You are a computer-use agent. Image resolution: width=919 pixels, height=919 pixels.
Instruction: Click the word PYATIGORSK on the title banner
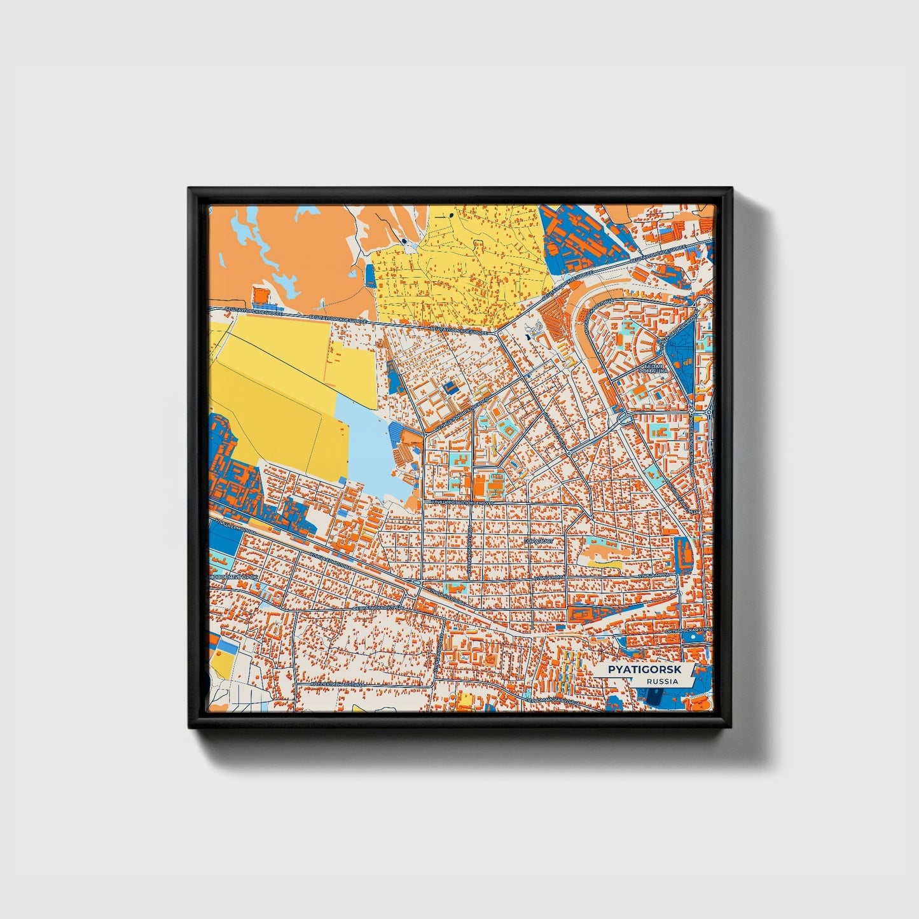[x=644, y=670]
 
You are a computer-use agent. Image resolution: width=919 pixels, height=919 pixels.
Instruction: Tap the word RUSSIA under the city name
[x=661, y=681]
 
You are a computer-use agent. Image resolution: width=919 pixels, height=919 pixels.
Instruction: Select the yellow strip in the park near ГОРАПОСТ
[x=604, y=563]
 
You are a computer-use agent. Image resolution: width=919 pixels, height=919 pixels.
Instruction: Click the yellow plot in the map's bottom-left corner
[x=222, y=661]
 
